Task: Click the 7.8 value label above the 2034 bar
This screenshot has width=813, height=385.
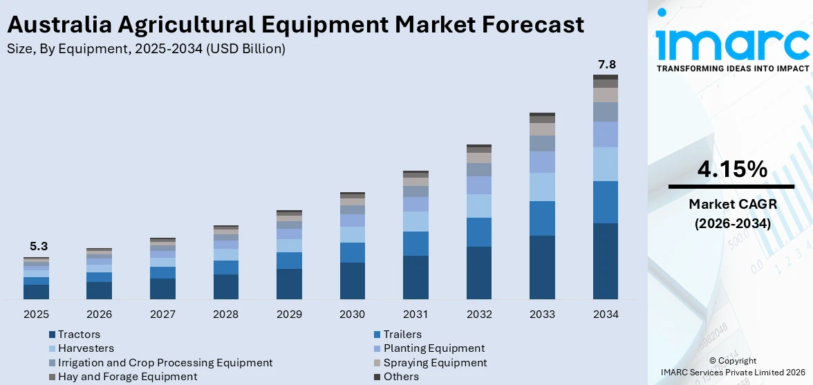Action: (x=606, y=65)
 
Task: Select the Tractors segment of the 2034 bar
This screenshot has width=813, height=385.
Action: (x=606, y=261)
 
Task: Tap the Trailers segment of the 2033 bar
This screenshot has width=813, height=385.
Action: (x=542, y=218)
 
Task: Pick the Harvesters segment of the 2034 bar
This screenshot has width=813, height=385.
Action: (x=606, y=164)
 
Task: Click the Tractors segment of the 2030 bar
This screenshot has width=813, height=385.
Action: (x=353, y=281)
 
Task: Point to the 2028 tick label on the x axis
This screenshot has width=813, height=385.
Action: (x=226, y=314)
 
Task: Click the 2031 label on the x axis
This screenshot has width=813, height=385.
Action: (x=415, y=314)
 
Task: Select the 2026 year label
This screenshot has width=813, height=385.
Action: (x=100, y=314)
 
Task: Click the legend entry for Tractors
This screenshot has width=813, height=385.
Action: (x=79, y=335)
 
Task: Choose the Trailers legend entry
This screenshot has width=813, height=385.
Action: (x=402, y=335)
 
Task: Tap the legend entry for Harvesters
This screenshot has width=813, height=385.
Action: (x=86, y=348)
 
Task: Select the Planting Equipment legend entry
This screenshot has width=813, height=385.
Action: (x=434, y=348)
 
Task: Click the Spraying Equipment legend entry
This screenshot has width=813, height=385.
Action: (x=435, y=363)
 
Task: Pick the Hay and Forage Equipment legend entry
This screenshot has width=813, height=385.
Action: (x=127, y=377)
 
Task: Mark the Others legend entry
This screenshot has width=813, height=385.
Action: (x=401, y=377)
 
